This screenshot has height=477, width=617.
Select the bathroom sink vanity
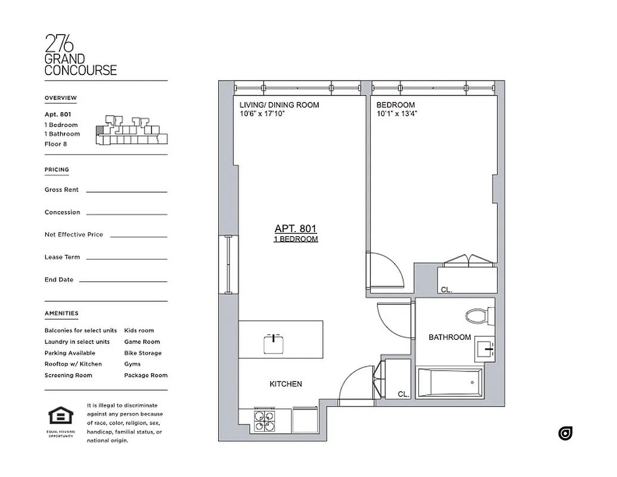[485, 346]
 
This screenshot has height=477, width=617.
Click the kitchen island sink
[273, 342]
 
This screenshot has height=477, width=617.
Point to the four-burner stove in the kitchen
[265, 421]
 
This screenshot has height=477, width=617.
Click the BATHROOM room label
[449, 337]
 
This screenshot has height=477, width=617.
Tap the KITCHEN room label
[286, 384]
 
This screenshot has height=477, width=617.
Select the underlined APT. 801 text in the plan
[295, 228]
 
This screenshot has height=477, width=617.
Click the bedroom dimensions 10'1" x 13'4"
[396, 113]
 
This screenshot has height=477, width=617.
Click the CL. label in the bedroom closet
[447, 290]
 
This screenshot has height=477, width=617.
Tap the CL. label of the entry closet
[404, 394]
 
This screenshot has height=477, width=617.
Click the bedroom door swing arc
[390, 271]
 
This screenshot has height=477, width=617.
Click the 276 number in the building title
[59, 45]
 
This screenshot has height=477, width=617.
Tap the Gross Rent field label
[61, 190]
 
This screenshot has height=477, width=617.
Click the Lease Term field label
[62, 257]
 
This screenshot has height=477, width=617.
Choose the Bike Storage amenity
[142, 353]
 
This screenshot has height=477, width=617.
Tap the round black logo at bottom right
[565, 433]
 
